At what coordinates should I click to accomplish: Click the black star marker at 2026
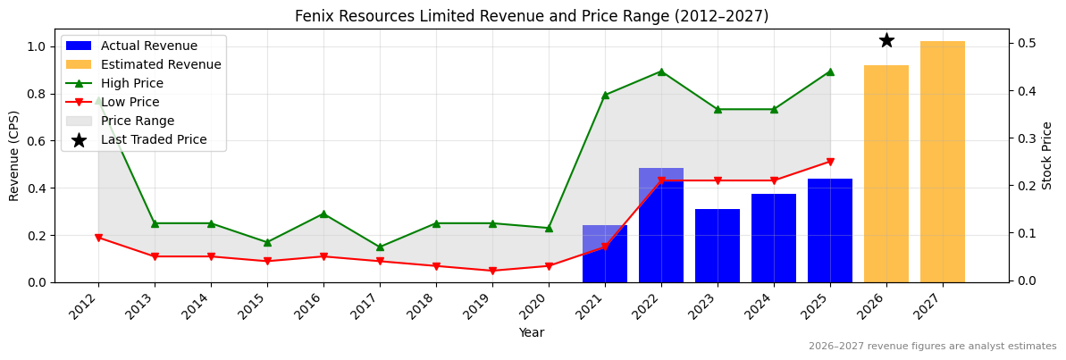[x=886, y=40]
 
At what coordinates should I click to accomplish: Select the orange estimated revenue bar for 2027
[x=943, y=162]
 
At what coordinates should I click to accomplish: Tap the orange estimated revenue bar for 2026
[x=886, y=173]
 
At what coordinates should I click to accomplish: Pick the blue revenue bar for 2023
[x=718, y=246]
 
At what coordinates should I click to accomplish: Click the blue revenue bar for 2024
[x=774, y=238]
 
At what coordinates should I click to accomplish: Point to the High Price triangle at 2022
[x=661, y=71]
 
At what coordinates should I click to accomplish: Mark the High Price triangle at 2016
[x=323, y=213]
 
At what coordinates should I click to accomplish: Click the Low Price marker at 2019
[x=492, y=271]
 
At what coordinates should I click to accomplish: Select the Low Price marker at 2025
[x=830, y=162]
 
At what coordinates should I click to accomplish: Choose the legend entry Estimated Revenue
[x=160, y=64]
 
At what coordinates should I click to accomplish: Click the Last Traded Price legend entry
[x=153, y=139]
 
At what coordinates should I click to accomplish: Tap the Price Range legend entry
[x=137, y=121]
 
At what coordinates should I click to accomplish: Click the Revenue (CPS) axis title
[x=14, y=155]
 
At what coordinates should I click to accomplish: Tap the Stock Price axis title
[x=1047, y=155]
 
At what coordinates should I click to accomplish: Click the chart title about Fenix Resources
[x=532, y=16]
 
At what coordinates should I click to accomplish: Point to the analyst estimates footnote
[x=932, y=347]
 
